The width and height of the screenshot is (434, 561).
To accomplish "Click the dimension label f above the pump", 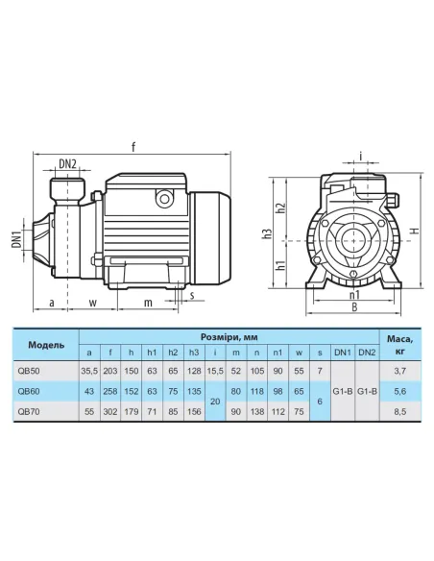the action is (x=133, y=147).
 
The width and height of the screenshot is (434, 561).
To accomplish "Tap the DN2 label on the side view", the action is (x=67, y=164).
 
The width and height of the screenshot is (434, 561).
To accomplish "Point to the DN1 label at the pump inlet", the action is (x=16, y=239).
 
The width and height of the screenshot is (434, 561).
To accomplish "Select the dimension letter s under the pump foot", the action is (x=192, y=295).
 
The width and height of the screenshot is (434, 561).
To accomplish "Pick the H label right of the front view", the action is (x=414, y=231).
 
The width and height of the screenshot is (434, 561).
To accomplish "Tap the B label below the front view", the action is (x=354, y=307).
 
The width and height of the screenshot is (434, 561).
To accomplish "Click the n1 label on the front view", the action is (x=354, y=295).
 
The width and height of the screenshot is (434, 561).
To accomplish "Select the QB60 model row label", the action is (x=29, y=391).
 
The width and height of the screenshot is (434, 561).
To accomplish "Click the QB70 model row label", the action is (x=29, y=412).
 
